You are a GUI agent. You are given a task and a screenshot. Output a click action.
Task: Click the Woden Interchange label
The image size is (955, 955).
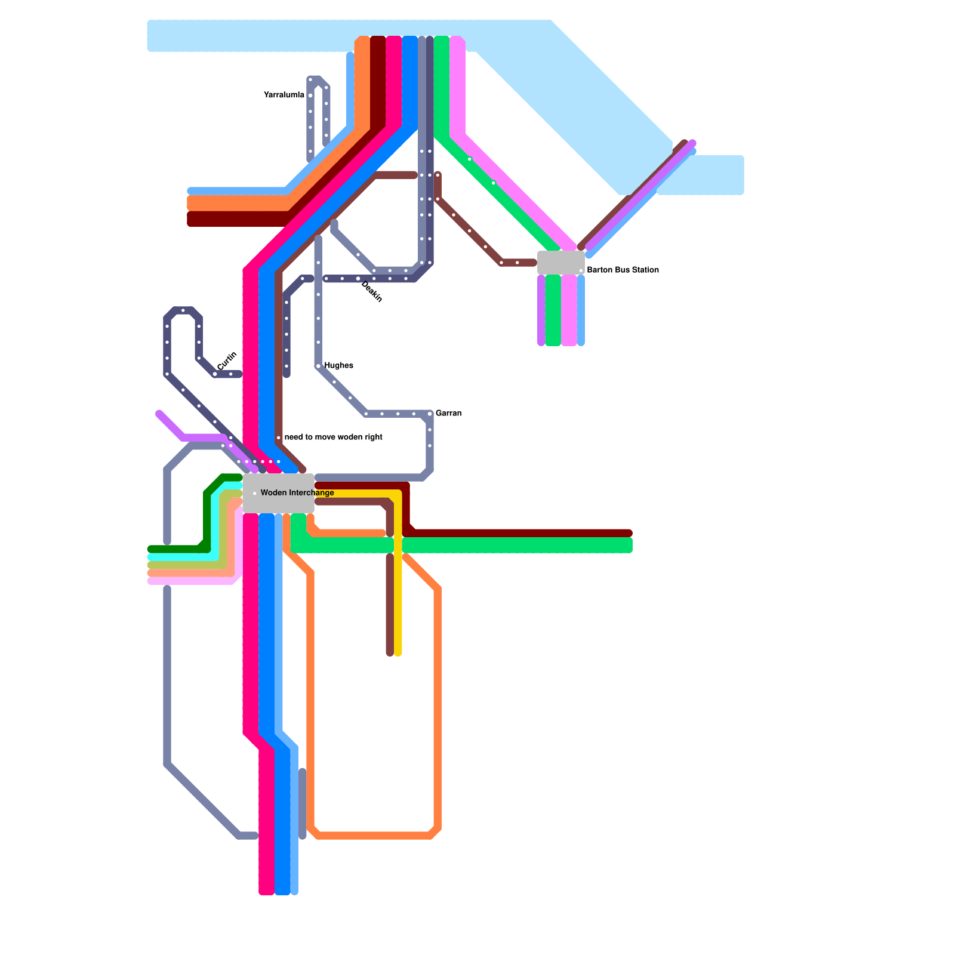[297, 493]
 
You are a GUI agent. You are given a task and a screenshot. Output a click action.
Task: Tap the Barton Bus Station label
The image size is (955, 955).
[623, 270]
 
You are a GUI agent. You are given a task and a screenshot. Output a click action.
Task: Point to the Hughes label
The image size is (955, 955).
[338, 366]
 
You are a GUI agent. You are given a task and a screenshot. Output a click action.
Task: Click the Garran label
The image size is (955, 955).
[448, 414]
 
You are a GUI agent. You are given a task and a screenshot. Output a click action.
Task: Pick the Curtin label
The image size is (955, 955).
[227, 361]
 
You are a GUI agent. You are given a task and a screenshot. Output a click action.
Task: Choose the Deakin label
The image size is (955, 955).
[372, 292]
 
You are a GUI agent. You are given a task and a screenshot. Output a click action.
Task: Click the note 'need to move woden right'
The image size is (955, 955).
[333, 438]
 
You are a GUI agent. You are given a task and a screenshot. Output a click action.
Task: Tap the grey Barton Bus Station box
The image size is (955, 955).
[560, 263]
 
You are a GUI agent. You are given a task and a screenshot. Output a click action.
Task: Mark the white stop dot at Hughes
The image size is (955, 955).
[319, 366]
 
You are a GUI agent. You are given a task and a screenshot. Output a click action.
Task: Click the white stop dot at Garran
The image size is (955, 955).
[430, 414]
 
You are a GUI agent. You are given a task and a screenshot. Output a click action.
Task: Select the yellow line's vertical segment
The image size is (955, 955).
[398, 597]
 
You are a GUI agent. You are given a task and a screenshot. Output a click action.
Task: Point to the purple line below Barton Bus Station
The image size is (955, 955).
[541, 310]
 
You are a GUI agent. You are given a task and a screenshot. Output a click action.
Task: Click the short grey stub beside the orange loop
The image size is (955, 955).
[303, 803]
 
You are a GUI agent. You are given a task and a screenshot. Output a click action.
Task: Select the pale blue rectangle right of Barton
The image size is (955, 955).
[701, 175]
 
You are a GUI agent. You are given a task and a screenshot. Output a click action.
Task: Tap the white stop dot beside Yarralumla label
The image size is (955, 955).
[310, 95]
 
